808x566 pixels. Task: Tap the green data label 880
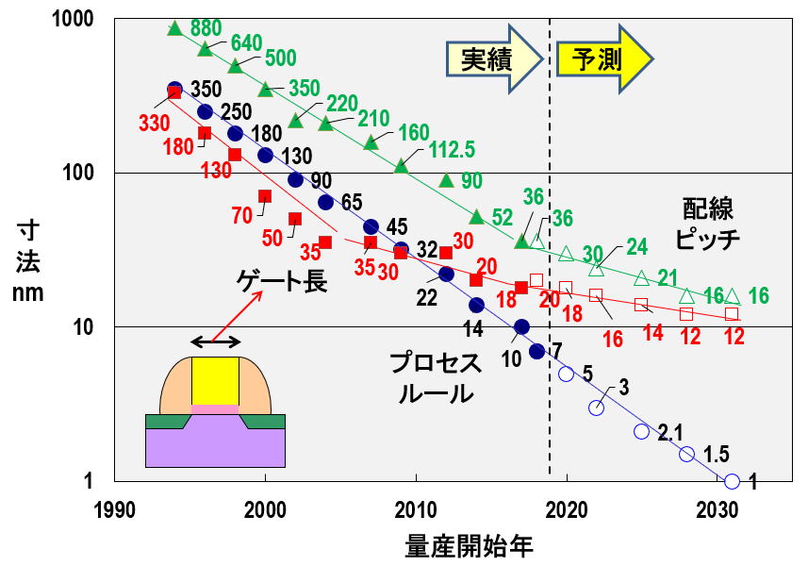(x=206, y=26)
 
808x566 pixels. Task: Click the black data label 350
(x=206, y=90)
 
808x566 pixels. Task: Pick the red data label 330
(x=154, y=123)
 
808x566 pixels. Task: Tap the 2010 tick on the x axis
(x=416, y=508)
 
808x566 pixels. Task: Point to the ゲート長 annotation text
(x=283, y=280)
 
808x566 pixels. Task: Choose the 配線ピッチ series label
(x=710, y=223)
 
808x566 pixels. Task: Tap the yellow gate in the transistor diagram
(x=216, y=380)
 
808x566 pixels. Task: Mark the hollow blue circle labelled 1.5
(x=686, y=455)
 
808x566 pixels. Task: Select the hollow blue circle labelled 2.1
(x=641, y=431)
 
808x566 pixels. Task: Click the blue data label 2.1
(x=669, y=433)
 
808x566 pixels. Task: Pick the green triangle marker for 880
(x=174, y=28)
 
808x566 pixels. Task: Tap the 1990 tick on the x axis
(x=114, y=508)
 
